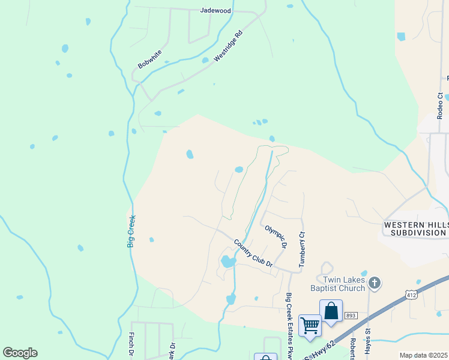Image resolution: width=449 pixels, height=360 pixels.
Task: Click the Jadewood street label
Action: coord(215,11)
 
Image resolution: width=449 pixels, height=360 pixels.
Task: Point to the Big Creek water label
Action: coord(131,231)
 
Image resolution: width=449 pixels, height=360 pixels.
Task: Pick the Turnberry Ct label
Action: coord(302,249)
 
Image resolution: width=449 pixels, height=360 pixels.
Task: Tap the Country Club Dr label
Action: coord(253,253)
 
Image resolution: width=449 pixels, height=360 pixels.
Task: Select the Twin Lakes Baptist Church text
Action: coord(343,284)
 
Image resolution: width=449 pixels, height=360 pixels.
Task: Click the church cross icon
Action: coord(374,282)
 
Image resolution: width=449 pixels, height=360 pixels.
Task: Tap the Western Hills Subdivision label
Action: coord(415,228)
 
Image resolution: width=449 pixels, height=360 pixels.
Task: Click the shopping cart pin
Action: coord(310,325)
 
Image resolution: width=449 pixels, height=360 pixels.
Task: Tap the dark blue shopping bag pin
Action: coord(331,311)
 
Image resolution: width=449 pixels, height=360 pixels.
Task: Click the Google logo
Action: coord(20,353)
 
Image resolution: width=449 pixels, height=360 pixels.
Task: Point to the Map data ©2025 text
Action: coord(423,355)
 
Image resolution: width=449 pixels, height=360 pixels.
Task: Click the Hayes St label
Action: coord(368,339)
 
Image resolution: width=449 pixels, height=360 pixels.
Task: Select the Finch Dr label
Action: coord(131,345)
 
